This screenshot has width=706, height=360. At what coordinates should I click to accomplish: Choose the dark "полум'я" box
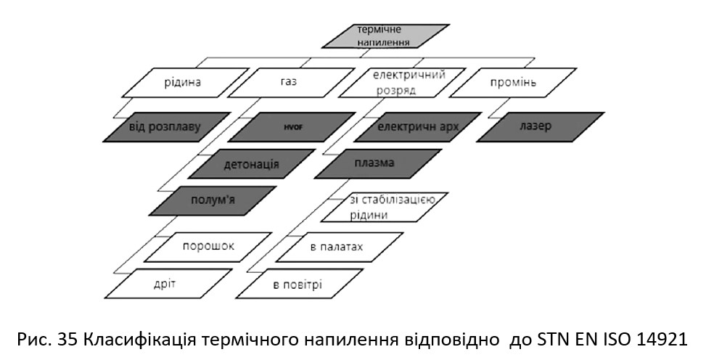213,201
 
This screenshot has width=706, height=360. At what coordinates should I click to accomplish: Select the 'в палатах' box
340,247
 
